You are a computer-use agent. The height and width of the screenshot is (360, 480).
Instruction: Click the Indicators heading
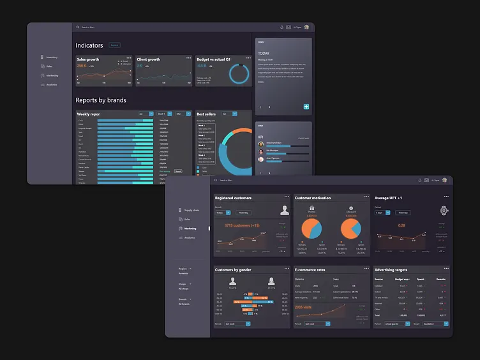tap(89, 45)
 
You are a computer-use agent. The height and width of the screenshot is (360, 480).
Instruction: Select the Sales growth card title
tap(88, 59)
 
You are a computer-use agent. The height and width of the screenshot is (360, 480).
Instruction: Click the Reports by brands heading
tap(101, 100)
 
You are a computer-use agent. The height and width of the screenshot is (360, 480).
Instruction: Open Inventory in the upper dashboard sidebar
tap(52, 57)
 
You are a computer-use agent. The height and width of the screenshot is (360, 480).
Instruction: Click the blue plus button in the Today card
tap(306, 107)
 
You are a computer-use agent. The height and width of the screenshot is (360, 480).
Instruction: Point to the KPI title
tap(261, 137)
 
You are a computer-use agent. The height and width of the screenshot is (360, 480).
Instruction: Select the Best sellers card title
tap(206, 114)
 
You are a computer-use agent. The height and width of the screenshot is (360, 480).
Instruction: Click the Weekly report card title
tap(89, 114)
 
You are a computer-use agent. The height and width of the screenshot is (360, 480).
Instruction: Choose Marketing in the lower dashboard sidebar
tap(191, 228)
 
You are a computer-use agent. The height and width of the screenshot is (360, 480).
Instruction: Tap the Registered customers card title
tap(233, 198)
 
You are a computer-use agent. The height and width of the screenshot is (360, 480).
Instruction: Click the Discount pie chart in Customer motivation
tap(351, 228)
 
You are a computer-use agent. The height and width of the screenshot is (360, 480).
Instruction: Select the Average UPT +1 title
tap(388, 198)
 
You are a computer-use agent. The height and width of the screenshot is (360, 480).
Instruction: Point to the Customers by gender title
tap(234, 270)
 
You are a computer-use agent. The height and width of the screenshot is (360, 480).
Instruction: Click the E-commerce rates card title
tap(311, 270)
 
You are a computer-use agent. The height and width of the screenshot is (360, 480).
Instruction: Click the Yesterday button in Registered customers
tap(243, 213)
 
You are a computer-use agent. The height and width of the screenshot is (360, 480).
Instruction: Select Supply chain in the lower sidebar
tap(191, 210)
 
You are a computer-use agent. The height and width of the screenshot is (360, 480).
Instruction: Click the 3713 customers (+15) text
tap(241, 225)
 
